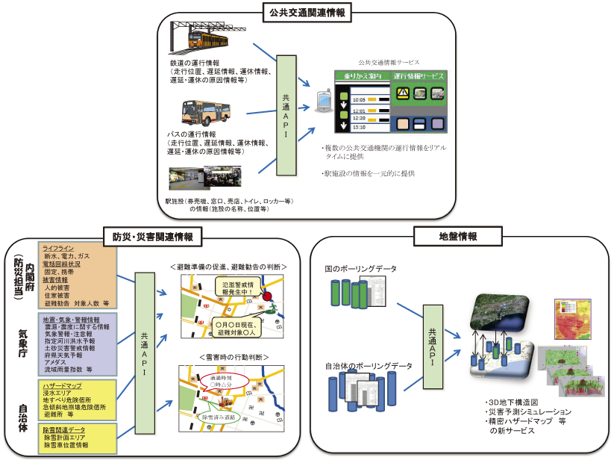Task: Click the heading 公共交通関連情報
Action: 307,10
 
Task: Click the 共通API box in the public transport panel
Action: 287,115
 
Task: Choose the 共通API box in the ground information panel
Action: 436,347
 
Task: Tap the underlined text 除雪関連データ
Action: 64,430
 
